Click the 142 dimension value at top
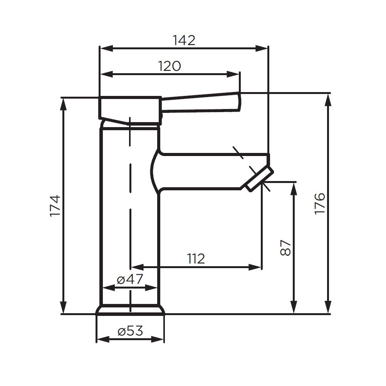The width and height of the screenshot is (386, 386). click(x=184, y=40)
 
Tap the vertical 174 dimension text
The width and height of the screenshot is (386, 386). click(x=55, y=206)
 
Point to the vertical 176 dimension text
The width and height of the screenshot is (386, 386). click(x=320, y=204)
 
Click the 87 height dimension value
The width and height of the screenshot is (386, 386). click(x=285, y=248)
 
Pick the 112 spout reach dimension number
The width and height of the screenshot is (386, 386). click(x=196, y=259)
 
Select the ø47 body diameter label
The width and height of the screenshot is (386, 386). click(x=130, y=279)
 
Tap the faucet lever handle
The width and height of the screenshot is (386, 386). click(x=200, y=103)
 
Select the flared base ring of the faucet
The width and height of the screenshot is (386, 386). click(x=130, y=310)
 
